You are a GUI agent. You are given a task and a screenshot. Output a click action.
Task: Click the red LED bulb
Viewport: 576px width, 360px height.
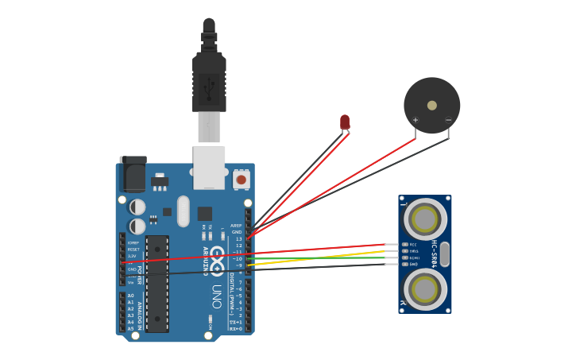pos(345,121)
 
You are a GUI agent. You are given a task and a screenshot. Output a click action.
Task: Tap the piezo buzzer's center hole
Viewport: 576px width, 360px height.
pos(431,105)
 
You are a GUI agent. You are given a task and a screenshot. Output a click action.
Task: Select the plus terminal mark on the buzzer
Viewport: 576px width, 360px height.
pos(416,120)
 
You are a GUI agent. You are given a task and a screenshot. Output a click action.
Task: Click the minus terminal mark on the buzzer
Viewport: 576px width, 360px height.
pos(448,120)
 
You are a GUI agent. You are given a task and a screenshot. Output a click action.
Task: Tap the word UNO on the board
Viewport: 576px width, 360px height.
pos(215,298)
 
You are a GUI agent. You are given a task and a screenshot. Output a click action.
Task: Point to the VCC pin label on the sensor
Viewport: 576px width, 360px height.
pos(413,245)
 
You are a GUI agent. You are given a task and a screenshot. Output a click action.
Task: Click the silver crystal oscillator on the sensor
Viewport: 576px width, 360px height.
pos(444,254)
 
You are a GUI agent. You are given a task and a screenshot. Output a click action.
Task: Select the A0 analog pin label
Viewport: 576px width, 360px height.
pos(130,296)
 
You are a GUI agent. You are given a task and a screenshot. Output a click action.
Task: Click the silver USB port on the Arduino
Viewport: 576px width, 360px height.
pos(209,168)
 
